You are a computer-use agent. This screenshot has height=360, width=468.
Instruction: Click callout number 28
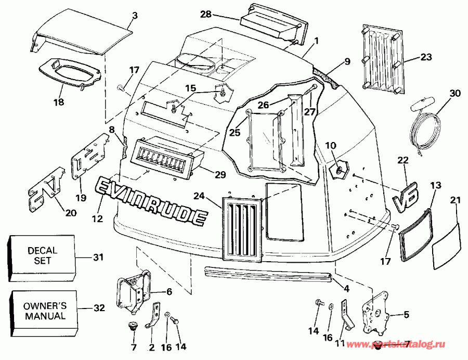[x=206, y=14]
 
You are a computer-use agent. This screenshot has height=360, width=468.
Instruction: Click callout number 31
[x=98, y=256]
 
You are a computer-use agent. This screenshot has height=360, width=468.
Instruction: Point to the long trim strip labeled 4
[x=268, y=276]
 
